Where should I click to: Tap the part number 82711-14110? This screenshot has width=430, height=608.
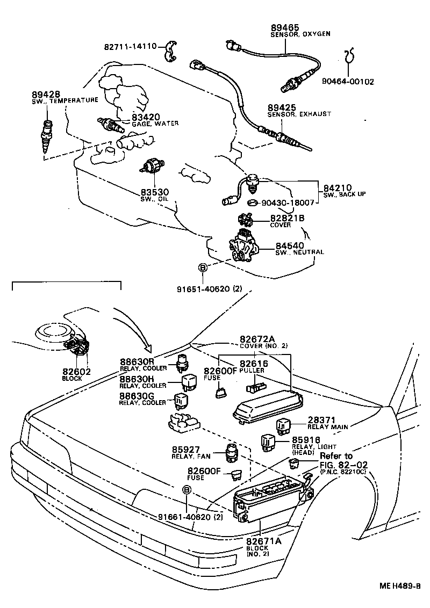pos(130,47)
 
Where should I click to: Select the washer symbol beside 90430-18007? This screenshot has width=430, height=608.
pos(252,204)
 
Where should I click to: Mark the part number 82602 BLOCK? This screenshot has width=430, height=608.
pos(76,374)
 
